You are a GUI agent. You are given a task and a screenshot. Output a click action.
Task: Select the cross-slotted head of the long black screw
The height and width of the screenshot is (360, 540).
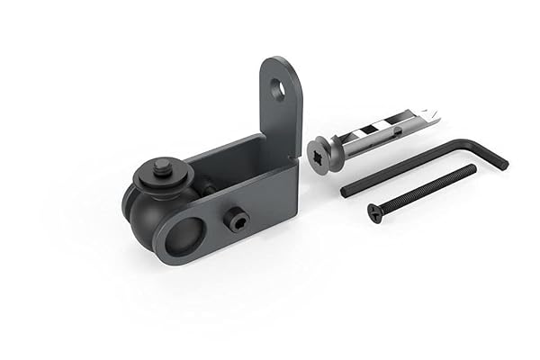[375, 212]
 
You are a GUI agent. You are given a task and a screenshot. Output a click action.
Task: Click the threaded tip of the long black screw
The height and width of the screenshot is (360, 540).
[472, 168]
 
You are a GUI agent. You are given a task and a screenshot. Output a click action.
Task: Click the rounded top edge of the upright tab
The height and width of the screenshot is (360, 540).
[280, 61]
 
